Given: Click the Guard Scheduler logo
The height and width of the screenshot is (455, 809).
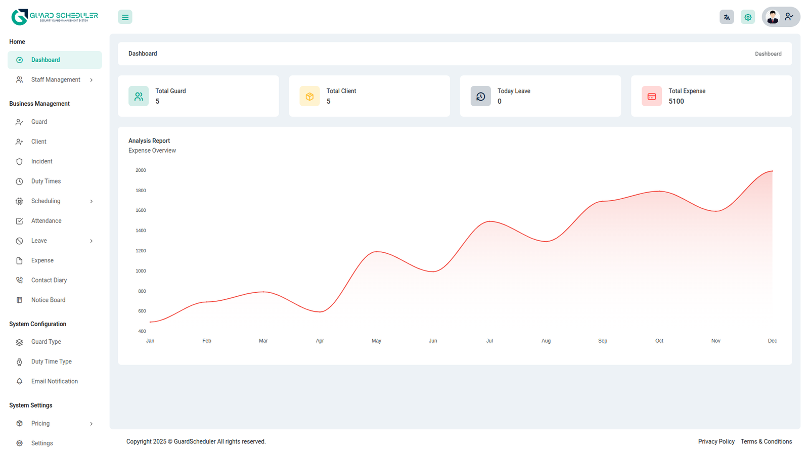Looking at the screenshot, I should point(55,17).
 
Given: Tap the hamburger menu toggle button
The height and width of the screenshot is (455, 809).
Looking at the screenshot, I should point(125,17).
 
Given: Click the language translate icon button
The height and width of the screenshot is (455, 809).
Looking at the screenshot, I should point(727,17).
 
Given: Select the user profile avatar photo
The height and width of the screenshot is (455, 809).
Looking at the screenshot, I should point(772,17).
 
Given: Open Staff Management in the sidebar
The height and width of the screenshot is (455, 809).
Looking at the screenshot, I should point(56,80).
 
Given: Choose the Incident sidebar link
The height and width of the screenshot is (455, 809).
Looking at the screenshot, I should point(41,162).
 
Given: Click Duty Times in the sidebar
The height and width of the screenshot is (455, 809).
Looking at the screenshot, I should point(46,181).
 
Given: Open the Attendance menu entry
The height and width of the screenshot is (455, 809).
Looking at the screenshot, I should point(46,221).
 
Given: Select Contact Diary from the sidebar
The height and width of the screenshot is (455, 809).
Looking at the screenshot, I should point(49,280).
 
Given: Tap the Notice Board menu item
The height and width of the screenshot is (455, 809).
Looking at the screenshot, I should point(48,300).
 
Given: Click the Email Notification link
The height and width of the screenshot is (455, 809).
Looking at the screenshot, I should point(54,381).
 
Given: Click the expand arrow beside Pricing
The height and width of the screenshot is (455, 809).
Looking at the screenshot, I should point(92,424).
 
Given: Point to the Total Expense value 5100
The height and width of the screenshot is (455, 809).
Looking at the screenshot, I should point(676,102).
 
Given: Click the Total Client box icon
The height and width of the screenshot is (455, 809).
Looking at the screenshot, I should point(309,96).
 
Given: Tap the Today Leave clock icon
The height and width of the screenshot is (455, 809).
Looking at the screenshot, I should point(480,96).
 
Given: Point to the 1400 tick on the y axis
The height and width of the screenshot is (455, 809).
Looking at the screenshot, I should point(141,231).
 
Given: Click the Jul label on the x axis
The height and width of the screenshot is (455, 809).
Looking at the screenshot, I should point(489,341).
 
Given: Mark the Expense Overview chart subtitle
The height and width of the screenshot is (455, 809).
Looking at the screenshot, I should point(152,151).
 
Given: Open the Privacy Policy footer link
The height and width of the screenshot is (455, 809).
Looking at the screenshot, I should point(716,441).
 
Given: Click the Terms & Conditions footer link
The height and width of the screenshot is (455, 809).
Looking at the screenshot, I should point(766,441).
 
